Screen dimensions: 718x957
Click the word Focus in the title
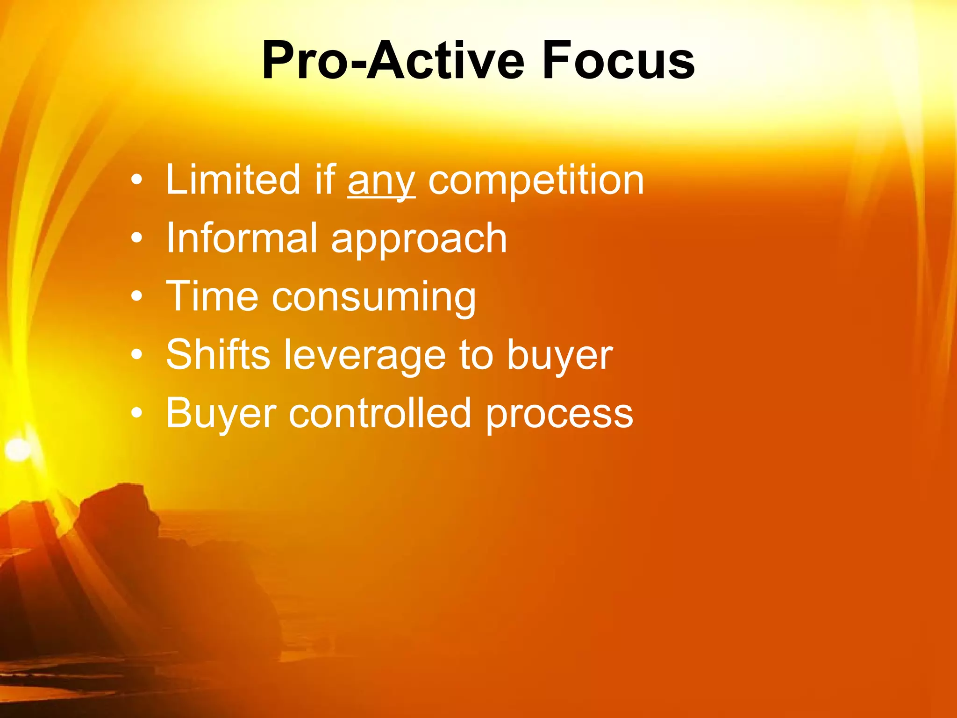click(618, 61)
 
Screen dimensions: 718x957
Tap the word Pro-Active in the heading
click(393, 61)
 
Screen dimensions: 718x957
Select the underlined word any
click(381, 181)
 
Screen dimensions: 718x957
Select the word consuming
click(374, 298)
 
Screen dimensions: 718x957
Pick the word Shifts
click(218, 355)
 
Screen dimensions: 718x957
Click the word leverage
click(365, 356)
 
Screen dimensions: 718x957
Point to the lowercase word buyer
click(559, 356)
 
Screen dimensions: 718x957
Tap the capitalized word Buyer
click(221, 414)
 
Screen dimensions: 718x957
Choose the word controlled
click(379, 413)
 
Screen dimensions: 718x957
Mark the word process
click(559, 415)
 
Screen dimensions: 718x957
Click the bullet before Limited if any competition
click(136, 180)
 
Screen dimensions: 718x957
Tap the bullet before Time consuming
click(136, 297)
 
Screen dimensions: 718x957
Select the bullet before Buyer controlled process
click(136, 413)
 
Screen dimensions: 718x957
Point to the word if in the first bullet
click(325, 179)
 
